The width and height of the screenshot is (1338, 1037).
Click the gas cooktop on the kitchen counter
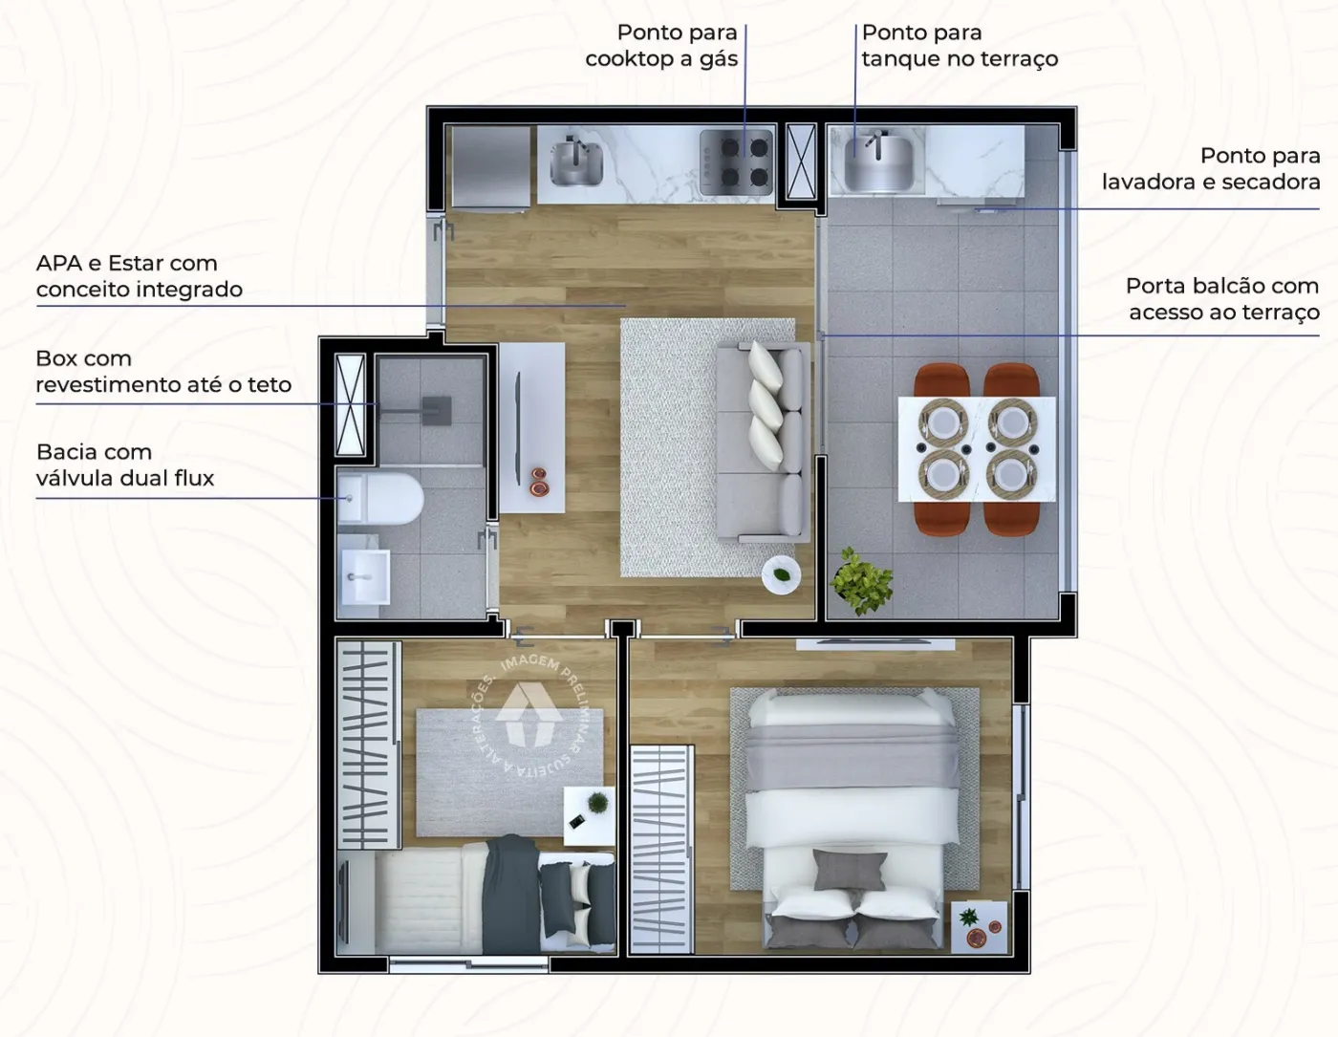coord(737,162)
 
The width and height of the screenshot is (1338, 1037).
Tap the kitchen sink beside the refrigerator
coord(576,162)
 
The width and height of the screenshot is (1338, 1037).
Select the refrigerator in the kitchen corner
coord(490,167)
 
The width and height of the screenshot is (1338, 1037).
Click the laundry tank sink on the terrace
coord(877,162)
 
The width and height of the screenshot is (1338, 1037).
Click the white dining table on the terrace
coord(977,449)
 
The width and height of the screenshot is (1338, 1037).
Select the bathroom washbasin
coord(364,576)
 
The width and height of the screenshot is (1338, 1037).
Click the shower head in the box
coord(437,409)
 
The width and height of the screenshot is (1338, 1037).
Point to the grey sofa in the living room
coord(763,443)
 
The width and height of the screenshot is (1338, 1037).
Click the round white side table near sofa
coord(782,575)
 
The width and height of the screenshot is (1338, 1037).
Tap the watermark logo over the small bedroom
coord(529,714)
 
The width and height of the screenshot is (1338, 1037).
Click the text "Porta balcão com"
coord(1222,287)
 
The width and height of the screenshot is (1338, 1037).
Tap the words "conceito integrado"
coord(140,290)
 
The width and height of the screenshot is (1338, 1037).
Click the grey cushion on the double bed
coord(850,870)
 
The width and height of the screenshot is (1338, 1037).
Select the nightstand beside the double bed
coord(980,927)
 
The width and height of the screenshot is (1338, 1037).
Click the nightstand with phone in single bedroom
coord(590,816)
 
